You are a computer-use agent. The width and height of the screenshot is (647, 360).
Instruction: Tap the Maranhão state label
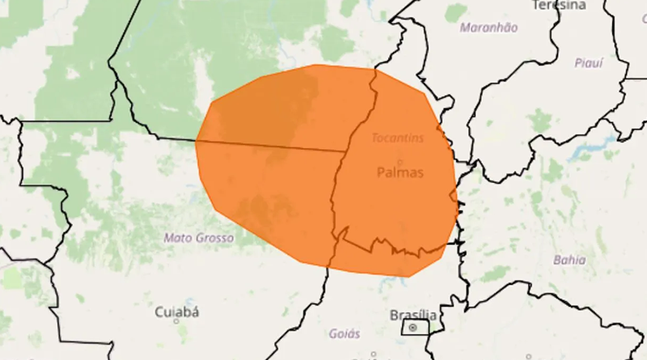point(488,28)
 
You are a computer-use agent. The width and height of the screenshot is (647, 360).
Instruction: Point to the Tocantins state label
point(397,138)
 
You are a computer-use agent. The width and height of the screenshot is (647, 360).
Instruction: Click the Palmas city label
point(400,172)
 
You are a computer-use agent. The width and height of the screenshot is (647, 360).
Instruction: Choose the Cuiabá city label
point(177,311)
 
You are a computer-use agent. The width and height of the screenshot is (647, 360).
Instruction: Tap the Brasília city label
point(412,314)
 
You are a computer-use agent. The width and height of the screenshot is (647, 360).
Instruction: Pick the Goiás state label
point(345,332)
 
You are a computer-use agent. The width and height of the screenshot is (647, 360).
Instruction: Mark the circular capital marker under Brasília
point(413,328)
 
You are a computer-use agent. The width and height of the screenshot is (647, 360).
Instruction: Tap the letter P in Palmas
point(381,172)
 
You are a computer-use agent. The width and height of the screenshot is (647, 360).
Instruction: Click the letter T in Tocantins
point(374,138)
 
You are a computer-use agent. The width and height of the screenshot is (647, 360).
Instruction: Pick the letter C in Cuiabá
point(159,311)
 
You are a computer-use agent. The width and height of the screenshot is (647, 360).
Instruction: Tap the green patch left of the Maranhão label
point(456,14)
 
